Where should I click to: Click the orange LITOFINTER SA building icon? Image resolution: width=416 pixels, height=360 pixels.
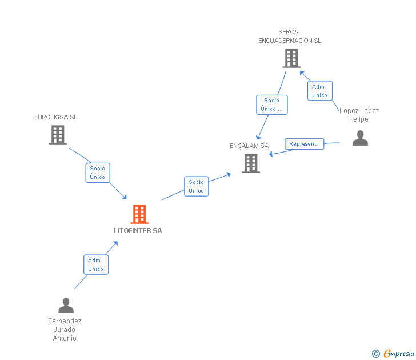139,214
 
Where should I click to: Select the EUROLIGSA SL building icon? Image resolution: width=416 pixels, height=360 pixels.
58,135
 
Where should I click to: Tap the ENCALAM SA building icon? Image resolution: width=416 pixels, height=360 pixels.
250,163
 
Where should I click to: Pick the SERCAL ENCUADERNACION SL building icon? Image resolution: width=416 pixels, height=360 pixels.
291,58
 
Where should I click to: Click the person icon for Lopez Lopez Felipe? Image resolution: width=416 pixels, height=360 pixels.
360,138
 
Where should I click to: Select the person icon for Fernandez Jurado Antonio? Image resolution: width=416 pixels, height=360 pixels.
66,305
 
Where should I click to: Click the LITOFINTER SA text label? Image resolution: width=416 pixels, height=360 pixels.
138,231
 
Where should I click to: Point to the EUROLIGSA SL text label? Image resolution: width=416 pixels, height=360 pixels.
55,117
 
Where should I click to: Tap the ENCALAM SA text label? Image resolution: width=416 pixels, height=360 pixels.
249,146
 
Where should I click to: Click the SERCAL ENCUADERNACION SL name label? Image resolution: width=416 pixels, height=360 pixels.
290,37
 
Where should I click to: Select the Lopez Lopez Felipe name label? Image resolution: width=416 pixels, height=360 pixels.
359,115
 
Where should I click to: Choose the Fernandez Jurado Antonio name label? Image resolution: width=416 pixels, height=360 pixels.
65,330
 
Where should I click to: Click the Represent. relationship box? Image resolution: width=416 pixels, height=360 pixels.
304,144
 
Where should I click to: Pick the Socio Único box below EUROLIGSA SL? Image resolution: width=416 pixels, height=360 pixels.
98,173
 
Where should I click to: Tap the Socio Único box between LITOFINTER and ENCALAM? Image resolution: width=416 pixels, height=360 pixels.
196,186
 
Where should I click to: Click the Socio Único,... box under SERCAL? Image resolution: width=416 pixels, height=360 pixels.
271,105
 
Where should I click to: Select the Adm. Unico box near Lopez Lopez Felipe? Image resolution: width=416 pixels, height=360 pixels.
319,91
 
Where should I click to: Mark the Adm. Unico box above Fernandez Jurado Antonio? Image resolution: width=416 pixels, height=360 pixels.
95,265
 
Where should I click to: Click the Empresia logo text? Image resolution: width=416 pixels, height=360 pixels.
399,354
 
